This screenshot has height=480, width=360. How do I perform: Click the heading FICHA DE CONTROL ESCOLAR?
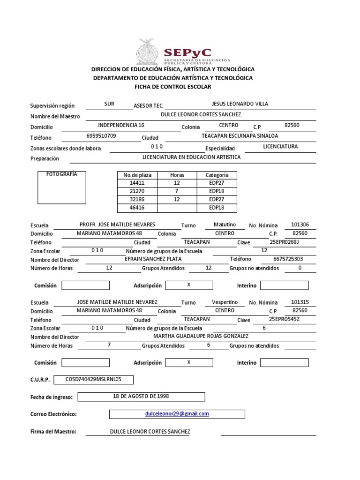click(173, 87)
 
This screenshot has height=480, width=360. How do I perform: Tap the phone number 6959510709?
click(101, 136)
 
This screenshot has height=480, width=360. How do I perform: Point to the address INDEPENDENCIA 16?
click(121, 125)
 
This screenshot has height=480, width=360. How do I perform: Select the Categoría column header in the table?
click(217, 175)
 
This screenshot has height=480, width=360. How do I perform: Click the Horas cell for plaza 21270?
click(177, 192)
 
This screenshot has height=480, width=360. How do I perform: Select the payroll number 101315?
click(300, 302)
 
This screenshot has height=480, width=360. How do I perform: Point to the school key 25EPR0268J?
click(284, 241)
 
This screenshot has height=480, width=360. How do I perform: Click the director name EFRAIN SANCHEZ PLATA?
click(154, 259)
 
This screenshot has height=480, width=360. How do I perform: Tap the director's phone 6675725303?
click(288, 259)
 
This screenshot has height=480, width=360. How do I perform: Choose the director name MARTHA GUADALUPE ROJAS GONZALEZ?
click(201, 336)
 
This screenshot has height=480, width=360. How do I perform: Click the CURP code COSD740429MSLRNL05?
click(94, 379)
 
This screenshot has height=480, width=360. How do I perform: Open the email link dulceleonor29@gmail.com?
click(177, 414)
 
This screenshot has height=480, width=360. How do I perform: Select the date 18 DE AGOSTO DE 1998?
click(141, 396)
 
